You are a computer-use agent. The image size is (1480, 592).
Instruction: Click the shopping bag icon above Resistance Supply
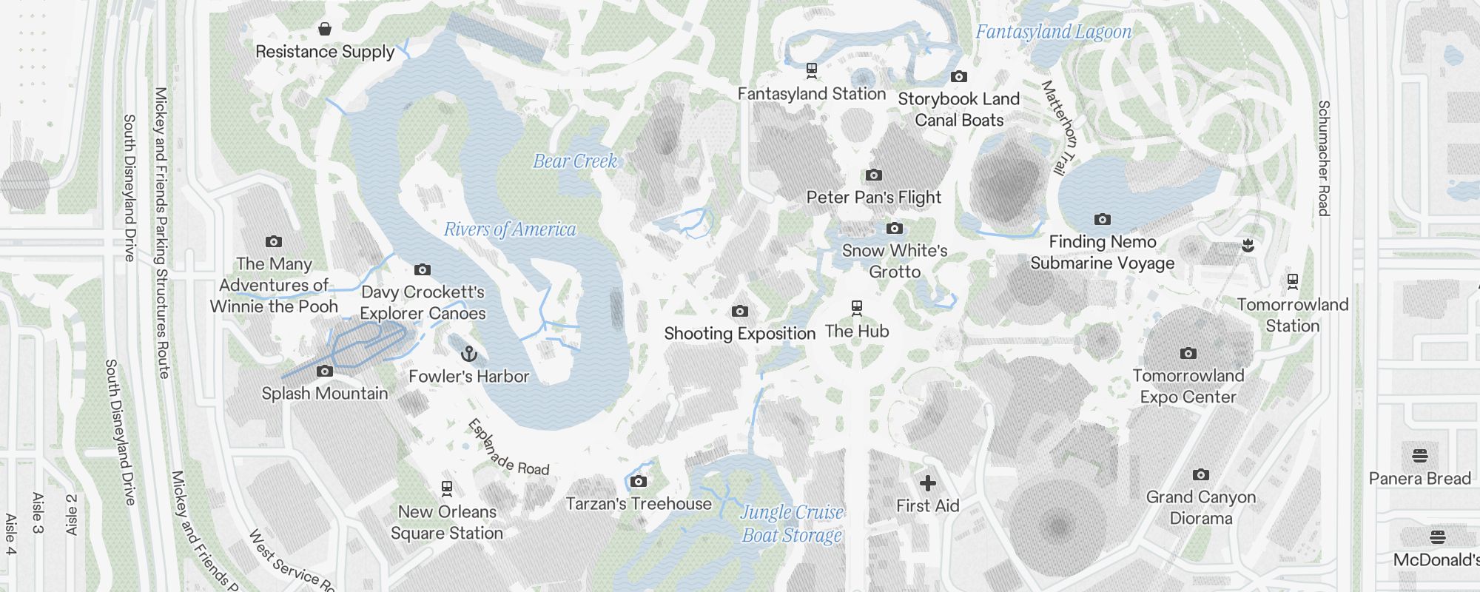(x=324, y=29)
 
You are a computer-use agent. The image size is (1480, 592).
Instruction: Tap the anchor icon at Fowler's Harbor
(x=468, y=354)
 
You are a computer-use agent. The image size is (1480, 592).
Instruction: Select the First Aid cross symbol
(x=927, y=484)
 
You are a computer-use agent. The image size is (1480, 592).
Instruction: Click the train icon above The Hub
(x=857, y=308)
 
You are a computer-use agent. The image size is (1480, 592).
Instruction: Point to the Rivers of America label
(x=510, y=230)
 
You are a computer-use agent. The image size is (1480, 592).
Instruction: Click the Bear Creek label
(x=575, y=161)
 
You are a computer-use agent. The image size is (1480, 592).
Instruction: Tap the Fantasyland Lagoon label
(x=1053, y=32)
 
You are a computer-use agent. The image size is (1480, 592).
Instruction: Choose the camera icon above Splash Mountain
(x=325, y=371)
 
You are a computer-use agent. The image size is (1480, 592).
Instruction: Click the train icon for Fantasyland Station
(x=812, y=71)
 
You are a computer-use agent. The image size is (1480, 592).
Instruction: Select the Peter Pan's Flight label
(x=874, y=198)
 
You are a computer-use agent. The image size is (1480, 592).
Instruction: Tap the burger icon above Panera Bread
(x=1419, y=456)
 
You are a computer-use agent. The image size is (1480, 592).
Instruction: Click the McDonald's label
(x=1436, y=560)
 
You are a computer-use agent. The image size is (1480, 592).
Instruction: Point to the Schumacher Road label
(x=1324, y=158)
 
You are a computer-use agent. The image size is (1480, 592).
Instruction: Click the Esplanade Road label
(x=508, y=448)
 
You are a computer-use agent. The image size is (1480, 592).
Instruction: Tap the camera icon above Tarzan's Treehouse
(x=639, y=482)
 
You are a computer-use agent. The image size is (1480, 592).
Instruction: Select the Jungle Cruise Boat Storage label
(x=792, y=524)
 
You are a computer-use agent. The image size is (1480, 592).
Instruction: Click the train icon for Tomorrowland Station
(x=1292, y=281)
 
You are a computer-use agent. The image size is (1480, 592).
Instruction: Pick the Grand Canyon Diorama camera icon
(x=1200, y=475)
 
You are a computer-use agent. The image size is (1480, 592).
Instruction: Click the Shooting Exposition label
(x=739, y=334)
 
